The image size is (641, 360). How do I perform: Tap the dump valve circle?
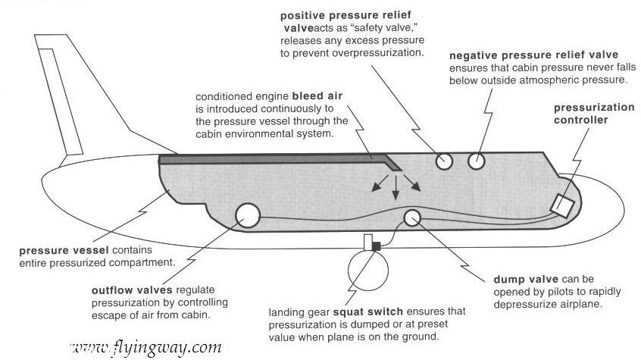(413, 218)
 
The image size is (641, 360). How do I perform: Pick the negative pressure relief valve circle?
(477, 160)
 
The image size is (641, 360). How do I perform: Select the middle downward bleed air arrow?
(395, 189)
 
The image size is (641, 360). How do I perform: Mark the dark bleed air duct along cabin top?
(273, 159)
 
